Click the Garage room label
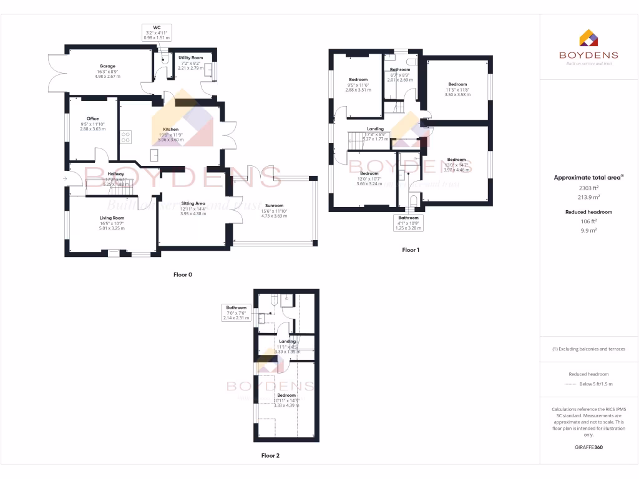(x=107, y=65)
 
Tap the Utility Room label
(x=191, y=57)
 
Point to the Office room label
(x=93, y=119)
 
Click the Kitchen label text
(x=162, y=129)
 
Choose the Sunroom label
(x=274, y=205)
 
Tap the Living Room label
(x=112, y=218)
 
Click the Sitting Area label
(x=193, y=203)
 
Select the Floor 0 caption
(x=183, y=274)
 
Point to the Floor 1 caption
(x=411, y=249)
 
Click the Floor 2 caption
(x=270, y=455)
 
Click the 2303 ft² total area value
(x=588, y=188)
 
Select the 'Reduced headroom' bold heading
(x=588, y=212)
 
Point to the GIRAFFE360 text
(x=588, y=447)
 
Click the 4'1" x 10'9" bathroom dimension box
(x=409, y=223)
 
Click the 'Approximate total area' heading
(x=587, y=178)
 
